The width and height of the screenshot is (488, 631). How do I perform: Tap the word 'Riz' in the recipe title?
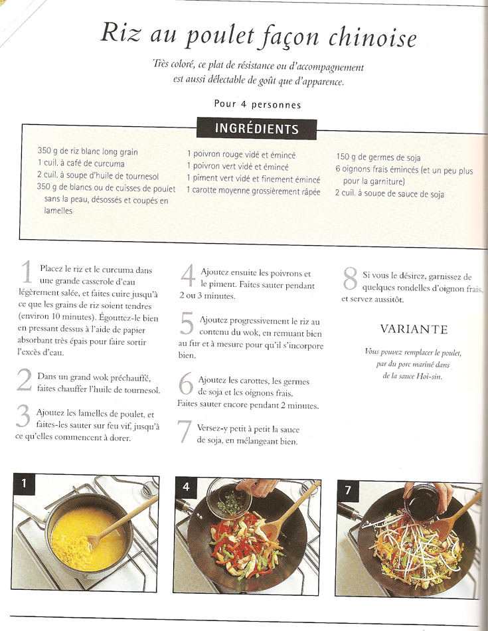[120, 32]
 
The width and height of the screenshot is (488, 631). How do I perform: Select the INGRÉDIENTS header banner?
[256, 128]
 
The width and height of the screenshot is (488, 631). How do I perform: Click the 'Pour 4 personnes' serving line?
[258, 105]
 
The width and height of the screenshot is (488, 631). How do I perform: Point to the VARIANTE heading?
[414, 329]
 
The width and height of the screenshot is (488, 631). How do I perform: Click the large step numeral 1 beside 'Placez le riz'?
[27, 272]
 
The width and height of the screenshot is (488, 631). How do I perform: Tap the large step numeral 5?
[187, 323]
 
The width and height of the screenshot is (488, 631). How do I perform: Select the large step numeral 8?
[351, 278]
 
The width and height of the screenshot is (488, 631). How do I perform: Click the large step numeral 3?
[23, 416]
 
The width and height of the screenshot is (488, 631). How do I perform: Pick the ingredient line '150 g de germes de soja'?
[378, 157]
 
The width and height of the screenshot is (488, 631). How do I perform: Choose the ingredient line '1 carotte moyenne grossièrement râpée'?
[254, 191]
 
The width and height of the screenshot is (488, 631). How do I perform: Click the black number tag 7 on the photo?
[348, 490]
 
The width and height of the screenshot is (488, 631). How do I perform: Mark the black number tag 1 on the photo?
[24, 482]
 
